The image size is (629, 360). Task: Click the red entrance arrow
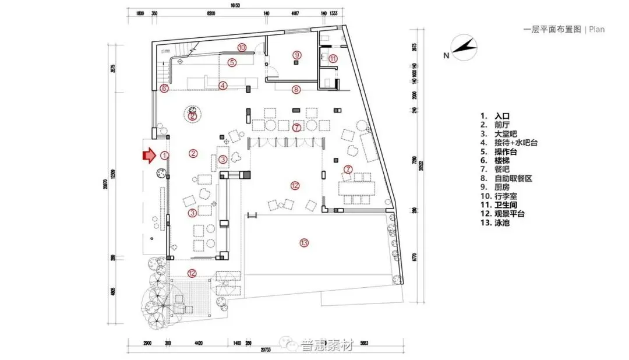coord(149,156)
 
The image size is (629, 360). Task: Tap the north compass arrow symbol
coord(463,48)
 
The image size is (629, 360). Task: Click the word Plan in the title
coord(596,29)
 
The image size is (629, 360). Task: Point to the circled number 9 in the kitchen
coord(296,55)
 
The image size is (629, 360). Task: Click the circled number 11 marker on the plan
coord(333,58)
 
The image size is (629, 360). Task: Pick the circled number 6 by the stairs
coord(164,89)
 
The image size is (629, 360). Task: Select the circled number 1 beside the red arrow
coord(165,156)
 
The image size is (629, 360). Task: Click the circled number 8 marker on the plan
coord(296,89)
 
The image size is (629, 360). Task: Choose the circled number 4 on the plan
coord(223,86)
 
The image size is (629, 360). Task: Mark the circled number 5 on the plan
coord(231,63)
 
